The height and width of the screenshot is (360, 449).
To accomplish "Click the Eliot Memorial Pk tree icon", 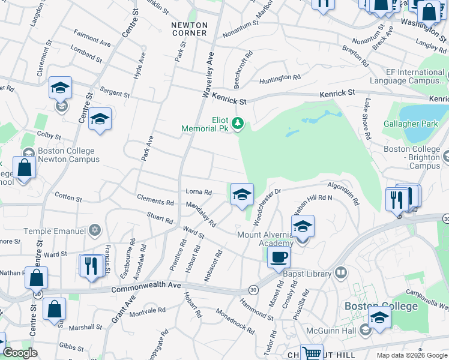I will pyautogui.click(x=238, y=124).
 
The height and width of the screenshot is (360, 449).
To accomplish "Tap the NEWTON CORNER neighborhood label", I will pyautogui.click(x=189, y=29).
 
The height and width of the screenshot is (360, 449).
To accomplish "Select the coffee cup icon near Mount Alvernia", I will pyautogui.click(x=278, y=257).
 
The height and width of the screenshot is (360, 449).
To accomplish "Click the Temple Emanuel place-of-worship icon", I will pyautogui.click(x=94, y=230).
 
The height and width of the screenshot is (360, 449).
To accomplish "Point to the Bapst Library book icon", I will pyautogui.click(x=341, y=274).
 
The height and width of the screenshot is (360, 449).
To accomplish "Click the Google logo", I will pyautogui.click(x=20, y=352).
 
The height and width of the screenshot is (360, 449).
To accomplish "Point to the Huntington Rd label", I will pyautogui.click(x=280, y=79).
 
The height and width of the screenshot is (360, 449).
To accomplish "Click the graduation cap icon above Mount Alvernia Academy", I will pyautogui.click(x=303, y=226).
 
